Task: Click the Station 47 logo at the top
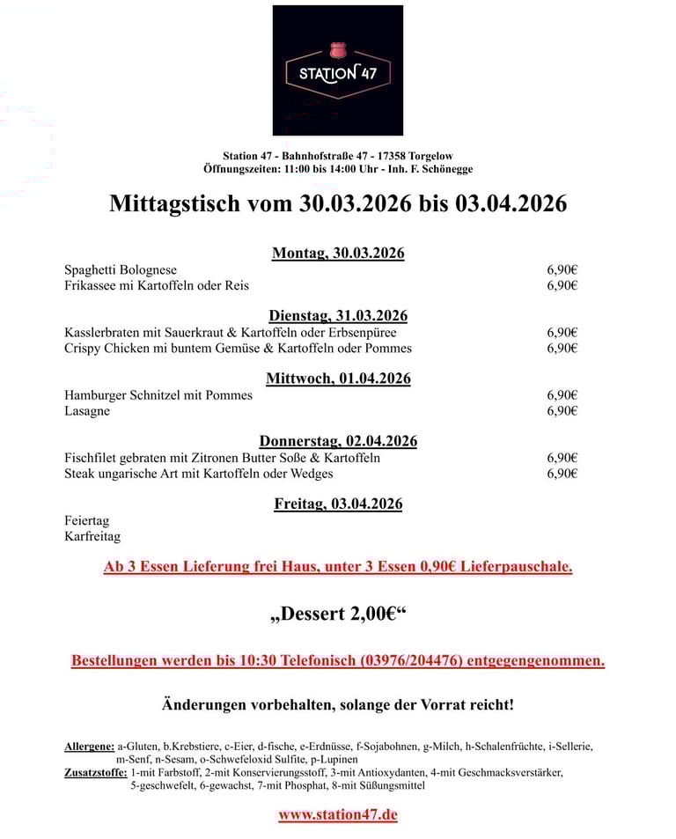(x=337, y=70)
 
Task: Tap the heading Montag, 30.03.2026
(x=338, y=254)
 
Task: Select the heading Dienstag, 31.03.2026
(x=338, y=316)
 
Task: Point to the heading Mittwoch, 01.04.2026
(x=338, y=379)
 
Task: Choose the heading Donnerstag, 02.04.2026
(x=338, y=441)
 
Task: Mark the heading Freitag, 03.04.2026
(x=338, y=504)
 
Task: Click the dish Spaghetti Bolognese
(x=121, y=270)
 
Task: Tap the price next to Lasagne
(x=562, y=411)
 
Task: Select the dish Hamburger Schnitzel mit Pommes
(x=158, y=395)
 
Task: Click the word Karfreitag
(x=92, y=536)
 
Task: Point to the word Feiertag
(x=87, y=520)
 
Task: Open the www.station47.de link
(x=338, y=814)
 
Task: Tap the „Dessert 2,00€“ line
(x=338, y=614)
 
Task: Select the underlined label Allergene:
(x=89, y=747)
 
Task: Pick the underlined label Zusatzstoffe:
(x=95, y=772)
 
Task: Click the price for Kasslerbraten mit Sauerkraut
(x=562, y=333)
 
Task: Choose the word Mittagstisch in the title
(x=173, y=204)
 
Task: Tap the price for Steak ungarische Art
(x=562, y=474)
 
